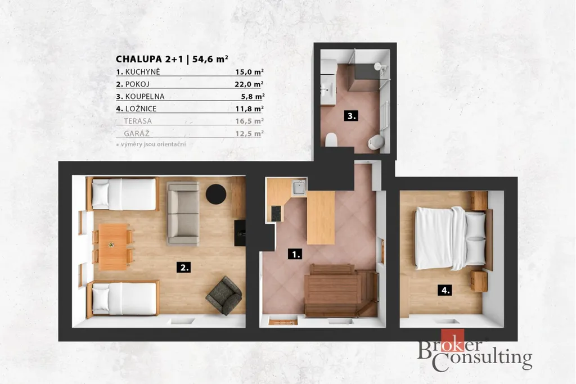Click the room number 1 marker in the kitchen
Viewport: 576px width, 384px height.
pyautogui.click(x=295, y=254)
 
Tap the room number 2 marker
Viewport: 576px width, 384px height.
pyautogui.click(x=184, y=267)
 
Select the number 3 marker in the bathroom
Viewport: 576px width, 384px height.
pyautogui.click(x=351, y=116)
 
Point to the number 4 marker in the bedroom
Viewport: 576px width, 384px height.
pyautogui.click(x=445, y=290)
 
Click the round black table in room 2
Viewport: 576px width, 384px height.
pyautogui.click(x=215, y=194)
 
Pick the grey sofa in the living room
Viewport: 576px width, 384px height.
pyautogui.click(x=183, y=213)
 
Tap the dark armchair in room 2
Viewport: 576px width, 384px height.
pyautogui.click(x=224, y=296)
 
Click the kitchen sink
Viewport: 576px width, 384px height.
pyautogui.click(x=298, y=187)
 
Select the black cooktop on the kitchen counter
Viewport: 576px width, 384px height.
pyautogui.click(x=276, y=213)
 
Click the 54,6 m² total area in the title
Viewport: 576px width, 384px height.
pyautogui.click(x=210, y=58)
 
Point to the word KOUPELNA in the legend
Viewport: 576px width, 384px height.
pyautogui.click(x=145, y=97)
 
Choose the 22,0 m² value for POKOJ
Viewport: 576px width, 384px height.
pyautogui.click(x=249, y=84)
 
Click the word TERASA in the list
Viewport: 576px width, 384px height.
pyautogui.click(x=138, y=121)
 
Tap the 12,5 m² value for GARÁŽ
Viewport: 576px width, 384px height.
pyautogui.click(x=249, y=133)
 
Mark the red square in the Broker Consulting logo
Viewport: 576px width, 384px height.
pyautogui.click(x=452, y=340)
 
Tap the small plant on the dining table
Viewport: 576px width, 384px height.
pyautogui.click(x=111, y=245)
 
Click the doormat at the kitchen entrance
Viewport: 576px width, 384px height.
pyautogui.click(x=283, y=322)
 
